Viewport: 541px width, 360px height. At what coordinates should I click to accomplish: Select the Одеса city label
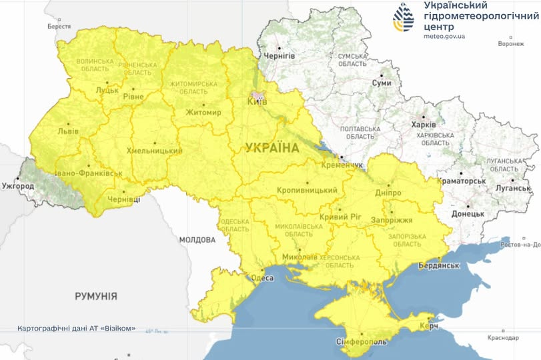point(261,278)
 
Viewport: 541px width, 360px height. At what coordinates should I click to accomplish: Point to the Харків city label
point(424,125)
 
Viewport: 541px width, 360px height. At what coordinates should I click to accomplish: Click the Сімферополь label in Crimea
point(360,342)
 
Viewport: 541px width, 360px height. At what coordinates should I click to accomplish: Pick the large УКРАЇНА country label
point(272,147)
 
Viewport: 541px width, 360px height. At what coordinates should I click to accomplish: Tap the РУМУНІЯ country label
point(96,295)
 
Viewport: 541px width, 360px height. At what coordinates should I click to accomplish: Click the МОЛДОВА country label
point(198,239)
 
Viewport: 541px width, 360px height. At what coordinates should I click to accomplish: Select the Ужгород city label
point(17,185)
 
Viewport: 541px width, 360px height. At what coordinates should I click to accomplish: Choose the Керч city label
point(428,327)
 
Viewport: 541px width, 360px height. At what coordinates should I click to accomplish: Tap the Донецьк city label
point(467,214)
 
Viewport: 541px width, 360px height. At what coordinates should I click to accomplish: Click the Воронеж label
point(510,44)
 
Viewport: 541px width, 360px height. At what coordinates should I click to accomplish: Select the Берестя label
point(59,27)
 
